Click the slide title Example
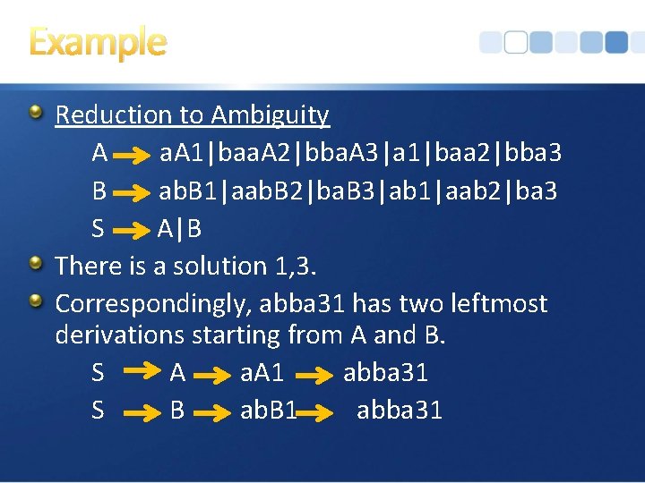point(98,42)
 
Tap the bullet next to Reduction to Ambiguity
point(36,113)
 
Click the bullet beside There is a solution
point(36,264)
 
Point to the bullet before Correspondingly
point(36,301)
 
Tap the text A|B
point(179,229)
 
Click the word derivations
point(116,336)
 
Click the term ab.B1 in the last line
point(268,411)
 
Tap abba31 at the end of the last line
point(399,411)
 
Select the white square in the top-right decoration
point(514,42)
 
